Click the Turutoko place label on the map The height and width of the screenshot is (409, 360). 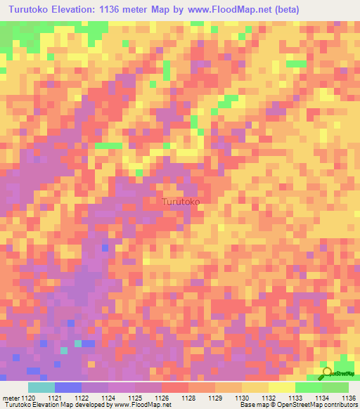(x=181, y=202)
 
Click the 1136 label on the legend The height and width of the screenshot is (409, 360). (x=348, y=398)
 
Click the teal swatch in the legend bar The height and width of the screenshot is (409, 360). (x=41, y=387)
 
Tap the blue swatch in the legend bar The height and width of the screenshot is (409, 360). (x=67, y=387)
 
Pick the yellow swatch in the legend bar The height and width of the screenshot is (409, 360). (x=281, y=387)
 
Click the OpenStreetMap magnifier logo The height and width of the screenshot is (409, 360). (x=327, y=372)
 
